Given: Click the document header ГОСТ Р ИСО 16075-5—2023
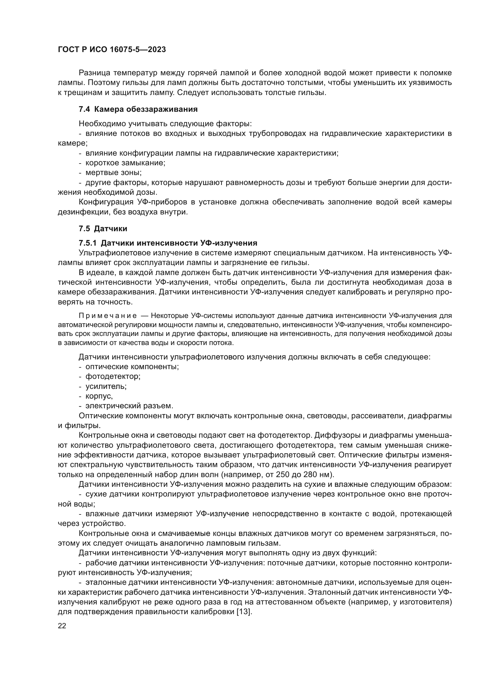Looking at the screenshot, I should point(112,49).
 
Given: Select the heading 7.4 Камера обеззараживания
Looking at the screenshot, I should point(138,109).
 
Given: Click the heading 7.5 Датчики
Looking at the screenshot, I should point(103,229).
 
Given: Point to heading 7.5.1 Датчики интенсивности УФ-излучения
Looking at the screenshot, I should point(168,243).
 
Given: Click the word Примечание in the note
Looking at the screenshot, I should point(108,316).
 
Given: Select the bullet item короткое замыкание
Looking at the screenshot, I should point(125,163).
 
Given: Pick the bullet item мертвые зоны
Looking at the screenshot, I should point(113,173).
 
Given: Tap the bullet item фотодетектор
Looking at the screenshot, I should point(113,377).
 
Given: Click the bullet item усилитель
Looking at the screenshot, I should point(106,386).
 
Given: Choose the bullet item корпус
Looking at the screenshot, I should point(99,396).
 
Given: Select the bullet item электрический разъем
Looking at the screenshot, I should point(129,406).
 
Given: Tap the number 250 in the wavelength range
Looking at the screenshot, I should point(282,475).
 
